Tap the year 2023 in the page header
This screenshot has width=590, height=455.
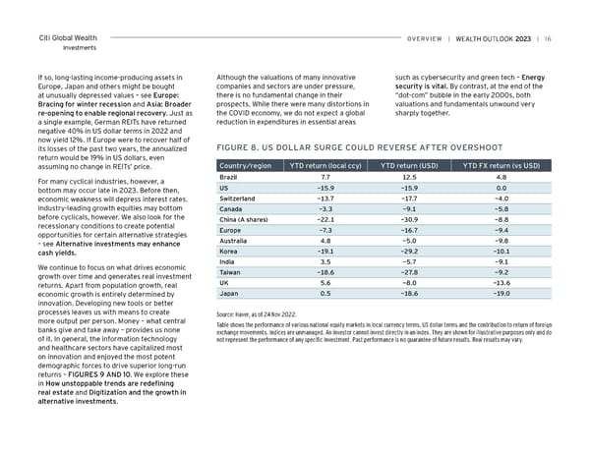pos(522,39)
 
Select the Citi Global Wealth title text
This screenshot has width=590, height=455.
pos(71,37)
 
